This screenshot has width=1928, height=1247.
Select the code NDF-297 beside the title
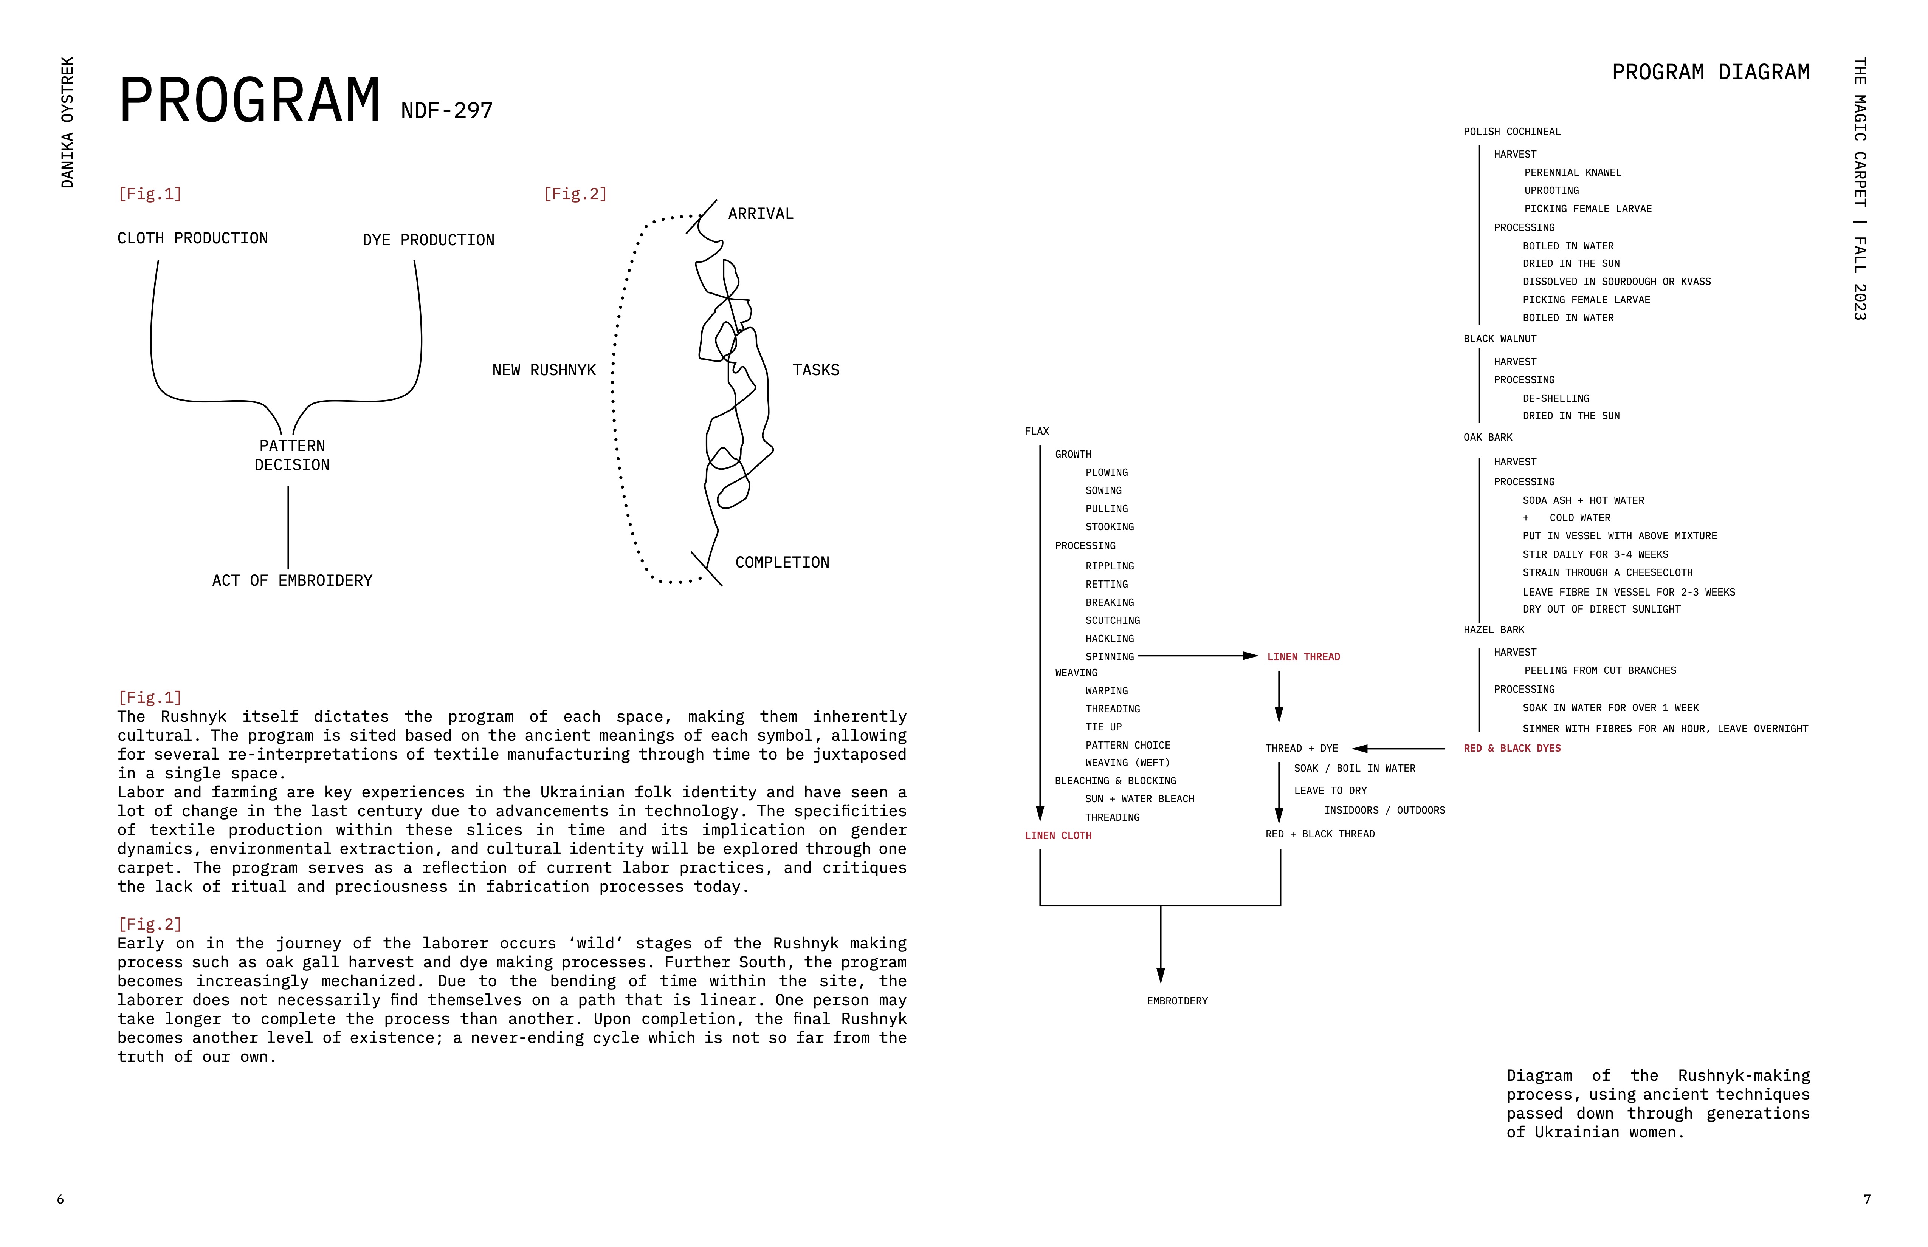click(x=446, y=110)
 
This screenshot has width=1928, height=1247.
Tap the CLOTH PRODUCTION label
click(x=193, y=238)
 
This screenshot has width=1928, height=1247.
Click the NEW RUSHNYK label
click(x=544, y=370)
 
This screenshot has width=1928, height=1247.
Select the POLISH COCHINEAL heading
click(x=1512, y=132)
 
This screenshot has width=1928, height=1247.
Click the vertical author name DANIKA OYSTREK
click(x=67, y=122)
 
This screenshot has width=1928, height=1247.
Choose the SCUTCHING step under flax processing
click(x=1112, y=620)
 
